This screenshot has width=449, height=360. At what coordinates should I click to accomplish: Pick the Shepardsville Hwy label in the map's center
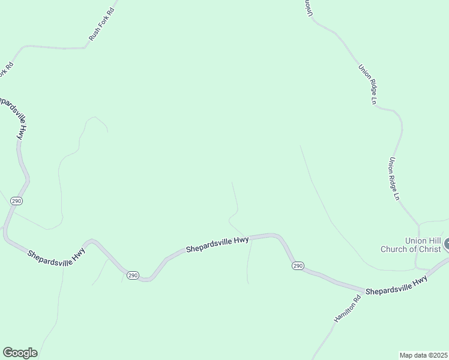[x=217, y=244]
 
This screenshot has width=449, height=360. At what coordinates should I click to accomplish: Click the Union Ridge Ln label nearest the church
[x=394, y=178]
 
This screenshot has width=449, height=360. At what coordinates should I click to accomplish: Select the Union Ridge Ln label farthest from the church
[x=367, y=85]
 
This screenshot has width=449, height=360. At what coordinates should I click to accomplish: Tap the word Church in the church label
[x=394, y=249]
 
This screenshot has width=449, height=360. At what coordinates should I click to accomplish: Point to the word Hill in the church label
[x=431, y=241]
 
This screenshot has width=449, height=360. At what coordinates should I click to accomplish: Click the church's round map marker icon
[x=447, y=244]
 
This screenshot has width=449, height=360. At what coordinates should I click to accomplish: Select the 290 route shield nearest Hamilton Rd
[x=298, y=265]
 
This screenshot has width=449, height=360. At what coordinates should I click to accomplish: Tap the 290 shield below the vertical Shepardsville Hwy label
[x=16, y=201]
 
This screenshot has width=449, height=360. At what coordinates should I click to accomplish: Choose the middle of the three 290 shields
[x=133, y=275]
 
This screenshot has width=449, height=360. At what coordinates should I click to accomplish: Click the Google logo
[x=20, y=353]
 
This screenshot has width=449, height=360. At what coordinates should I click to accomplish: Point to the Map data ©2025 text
[x=424, y=355]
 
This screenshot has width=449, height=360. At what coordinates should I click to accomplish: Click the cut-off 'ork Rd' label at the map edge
[x=5, y=70]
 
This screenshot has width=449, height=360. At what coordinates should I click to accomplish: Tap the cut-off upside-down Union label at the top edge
[x=307, y=7]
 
